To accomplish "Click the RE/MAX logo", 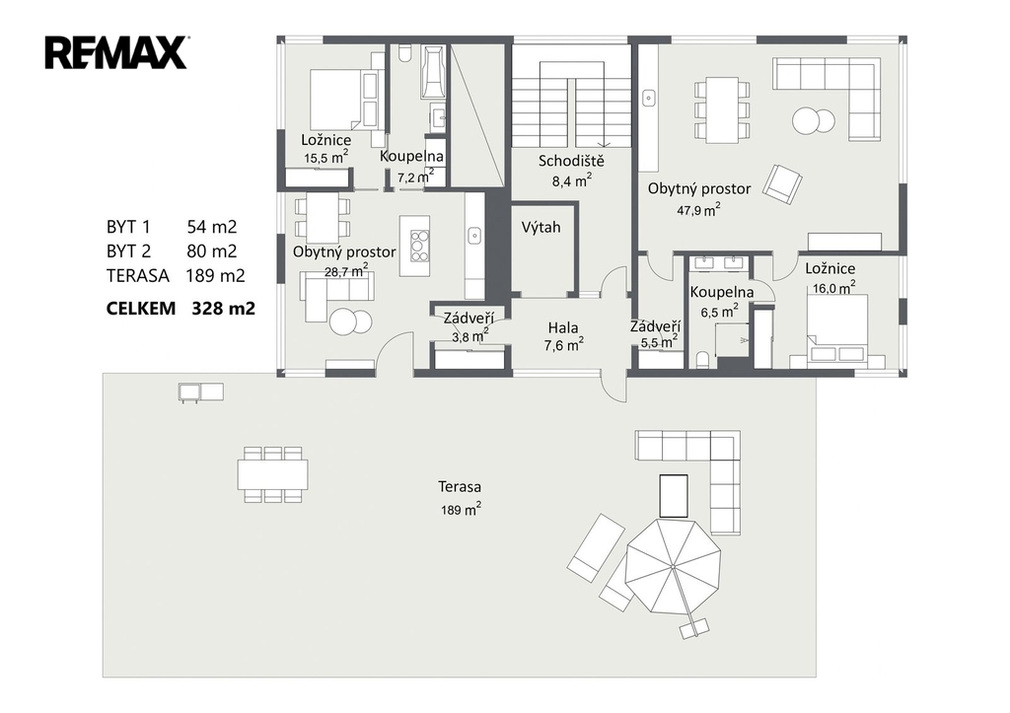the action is (116, 52).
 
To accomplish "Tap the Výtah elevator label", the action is (541, 228).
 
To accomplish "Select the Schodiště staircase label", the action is (571, 161).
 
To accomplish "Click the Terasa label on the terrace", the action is (460, 486).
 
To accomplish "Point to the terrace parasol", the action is (673, 566).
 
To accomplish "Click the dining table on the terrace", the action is (272, 474).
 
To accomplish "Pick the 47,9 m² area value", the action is (698, 209).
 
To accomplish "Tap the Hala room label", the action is (563, 327).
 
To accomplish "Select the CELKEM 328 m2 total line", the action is (180, 309).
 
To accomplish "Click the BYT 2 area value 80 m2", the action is (212, 251).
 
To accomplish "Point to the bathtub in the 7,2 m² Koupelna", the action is (434, 71).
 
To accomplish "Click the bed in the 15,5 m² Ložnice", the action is (343, 100).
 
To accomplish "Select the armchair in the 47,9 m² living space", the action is (782, 184).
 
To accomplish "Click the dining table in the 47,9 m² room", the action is (722, 110).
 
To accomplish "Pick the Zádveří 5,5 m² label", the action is (655, 334).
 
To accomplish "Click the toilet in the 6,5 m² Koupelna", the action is (702, 359).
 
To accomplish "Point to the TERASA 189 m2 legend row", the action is (176, 276).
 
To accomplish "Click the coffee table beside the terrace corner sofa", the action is (673, 496).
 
